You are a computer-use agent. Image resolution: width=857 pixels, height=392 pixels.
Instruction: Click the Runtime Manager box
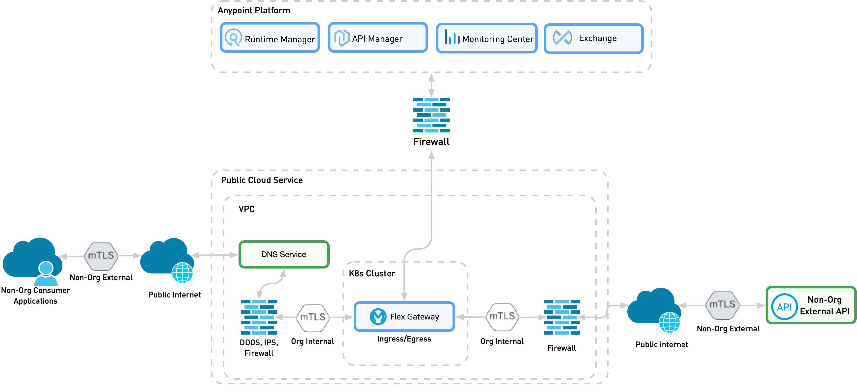[x=270, y=38]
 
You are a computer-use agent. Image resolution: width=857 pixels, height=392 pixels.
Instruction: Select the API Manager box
[x=377, y=38]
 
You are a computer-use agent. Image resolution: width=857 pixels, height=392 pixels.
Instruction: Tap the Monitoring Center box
[x=486, y=38]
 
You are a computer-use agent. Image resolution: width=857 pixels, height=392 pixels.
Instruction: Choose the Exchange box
[x=593, y=38]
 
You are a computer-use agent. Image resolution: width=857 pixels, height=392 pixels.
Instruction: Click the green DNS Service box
[x=284, y=254]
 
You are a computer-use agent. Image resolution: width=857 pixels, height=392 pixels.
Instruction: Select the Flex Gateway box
[x=404, y=317]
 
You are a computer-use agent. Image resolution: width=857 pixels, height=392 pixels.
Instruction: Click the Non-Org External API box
[x=811, y=305]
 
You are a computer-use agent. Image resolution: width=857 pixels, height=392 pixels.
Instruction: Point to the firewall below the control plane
[x=431, y=115]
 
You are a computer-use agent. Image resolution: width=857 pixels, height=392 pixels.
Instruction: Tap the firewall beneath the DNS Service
[x=259, y=317]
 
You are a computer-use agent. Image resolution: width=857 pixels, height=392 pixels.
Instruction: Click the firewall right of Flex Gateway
[x=562, y=317]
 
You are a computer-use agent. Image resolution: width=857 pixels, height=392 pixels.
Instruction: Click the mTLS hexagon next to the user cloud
[x=101, y=256]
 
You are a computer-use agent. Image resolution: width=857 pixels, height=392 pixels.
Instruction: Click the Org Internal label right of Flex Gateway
[x=502, y=341]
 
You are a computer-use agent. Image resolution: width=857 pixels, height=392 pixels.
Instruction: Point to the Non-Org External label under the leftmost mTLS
[x=101, y=277]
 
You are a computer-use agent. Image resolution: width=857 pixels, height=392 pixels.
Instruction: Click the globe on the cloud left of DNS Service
[x=182, y=273]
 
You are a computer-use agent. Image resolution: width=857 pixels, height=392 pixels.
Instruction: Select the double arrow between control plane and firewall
[x=431, y=85]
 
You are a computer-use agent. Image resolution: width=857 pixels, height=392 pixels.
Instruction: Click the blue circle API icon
[x=784, y=307]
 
